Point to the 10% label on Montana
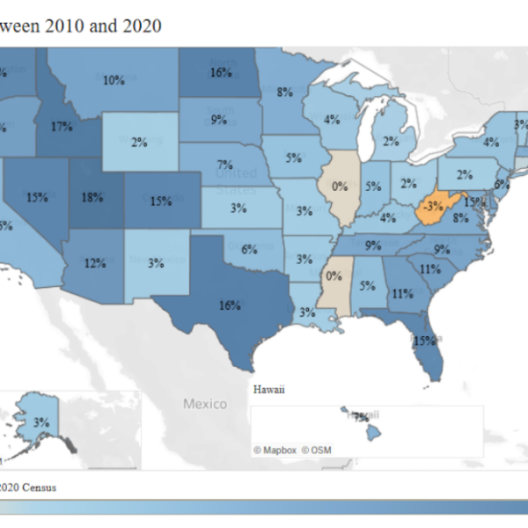[113, 80]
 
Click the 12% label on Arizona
[95, 261]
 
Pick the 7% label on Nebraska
[225, 165]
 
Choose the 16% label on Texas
[230, 305]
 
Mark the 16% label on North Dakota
[221, 72]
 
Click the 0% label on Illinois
[340, 186]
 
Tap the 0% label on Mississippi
[334, 275]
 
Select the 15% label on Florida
[425, 340]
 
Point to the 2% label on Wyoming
[139, 143]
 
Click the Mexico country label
[205, 403]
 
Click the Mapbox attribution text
[275, 450]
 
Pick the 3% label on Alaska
[40, 422]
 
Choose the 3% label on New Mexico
[157, 262]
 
